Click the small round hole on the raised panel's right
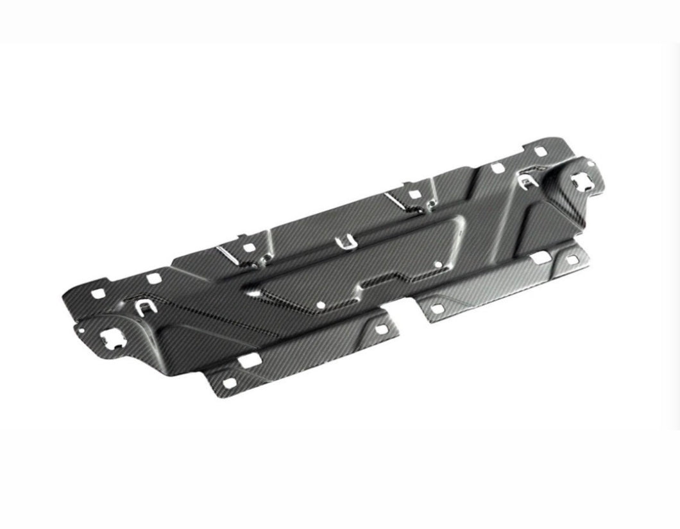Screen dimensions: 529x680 coord(439,263)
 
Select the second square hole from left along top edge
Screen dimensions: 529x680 coord(153,279)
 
